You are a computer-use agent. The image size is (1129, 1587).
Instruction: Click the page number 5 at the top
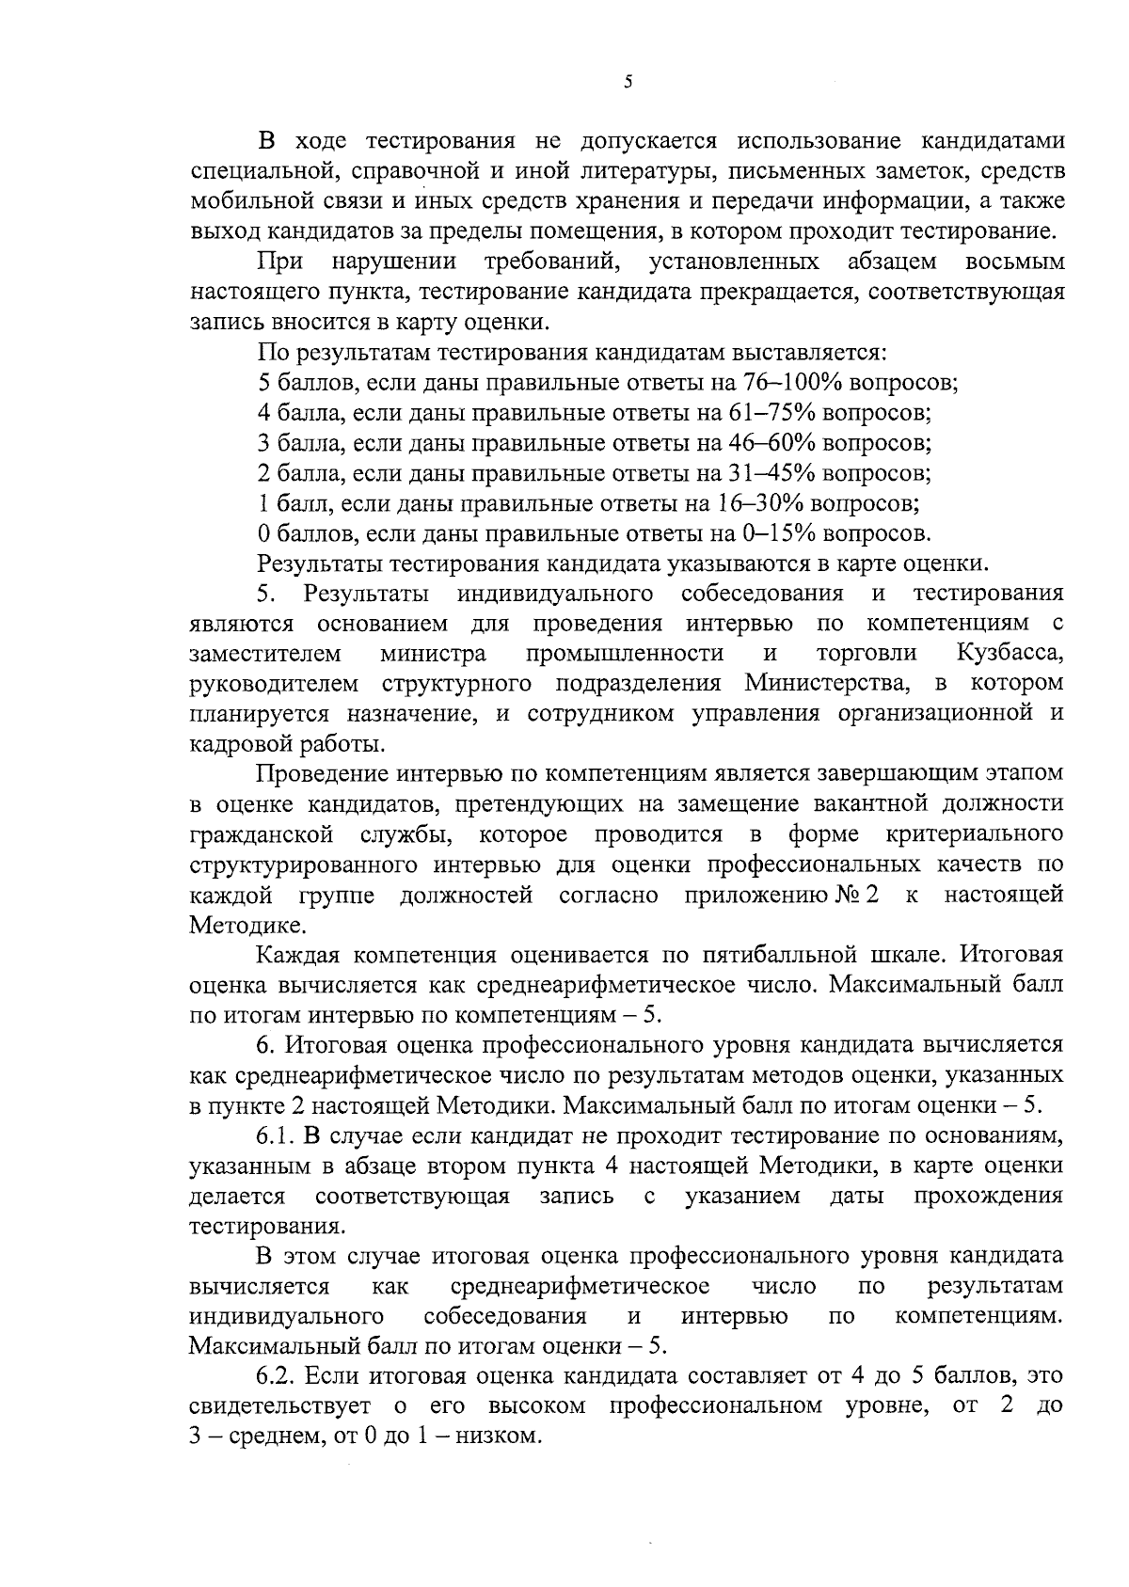click(628, 83)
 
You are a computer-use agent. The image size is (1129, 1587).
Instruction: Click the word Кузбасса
click(1010, 654)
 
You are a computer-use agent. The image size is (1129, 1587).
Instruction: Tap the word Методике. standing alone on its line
click(235, 926)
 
